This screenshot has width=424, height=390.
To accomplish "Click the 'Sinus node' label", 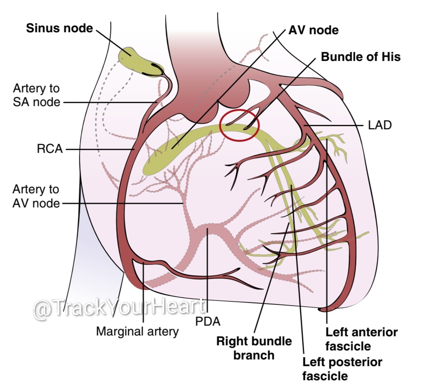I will click(x=59, y=28).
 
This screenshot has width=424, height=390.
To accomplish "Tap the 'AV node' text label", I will click(x=314, y=30).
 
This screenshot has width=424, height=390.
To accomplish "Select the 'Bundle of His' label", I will click(x=360, y=57).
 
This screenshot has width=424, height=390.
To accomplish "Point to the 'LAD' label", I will click(x=380, y=126).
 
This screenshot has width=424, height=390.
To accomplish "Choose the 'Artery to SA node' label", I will click(x=37, y=95).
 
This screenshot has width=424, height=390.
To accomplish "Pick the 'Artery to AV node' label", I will click(x=36, y=196).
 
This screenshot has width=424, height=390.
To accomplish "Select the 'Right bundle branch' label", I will click(x=254, y=348).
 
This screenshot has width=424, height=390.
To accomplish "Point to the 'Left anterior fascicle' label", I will click(x=361, y=339).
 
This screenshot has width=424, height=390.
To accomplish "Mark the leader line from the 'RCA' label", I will click(x=98, y=149).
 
